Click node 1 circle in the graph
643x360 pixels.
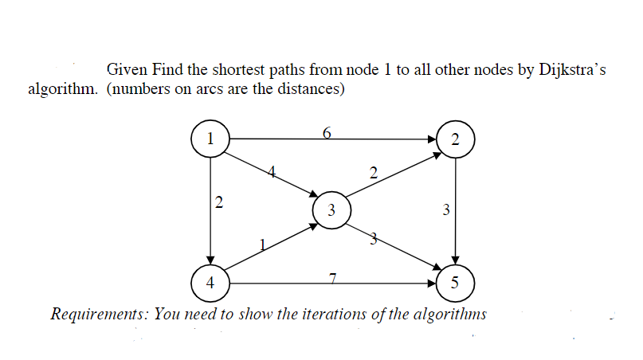coord(210,137)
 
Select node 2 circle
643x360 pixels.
coord(455,139)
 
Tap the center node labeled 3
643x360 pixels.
coord(331,210)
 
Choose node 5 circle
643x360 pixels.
coord(455,282)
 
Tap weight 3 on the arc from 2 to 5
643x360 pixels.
coord(445,210)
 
